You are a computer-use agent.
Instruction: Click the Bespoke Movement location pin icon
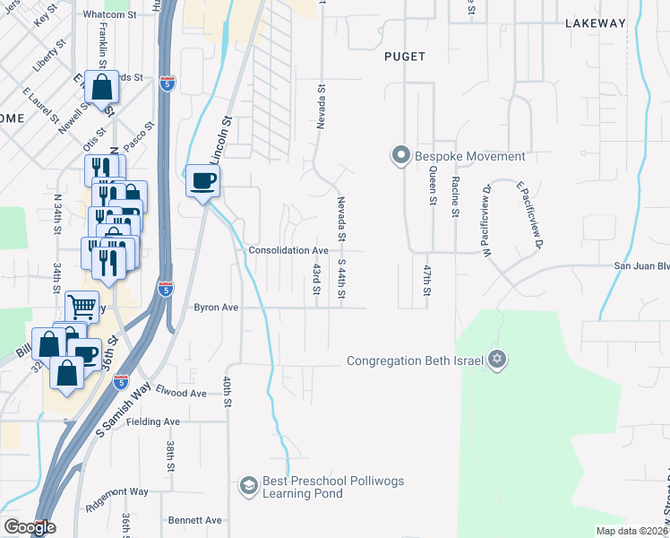tap(400, 156)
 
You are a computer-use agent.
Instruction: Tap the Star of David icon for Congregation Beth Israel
tap(497, 360)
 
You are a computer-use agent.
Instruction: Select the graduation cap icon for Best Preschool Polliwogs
tap(247, 487)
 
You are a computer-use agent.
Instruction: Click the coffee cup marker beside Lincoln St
tap(202, 180)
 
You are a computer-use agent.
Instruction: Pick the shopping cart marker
tap(82, 306)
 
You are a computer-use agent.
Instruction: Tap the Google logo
tap(29, 527)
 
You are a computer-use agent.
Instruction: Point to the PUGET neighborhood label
tap(404, 56)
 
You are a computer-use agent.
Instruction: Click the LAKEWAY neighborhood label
tap(594, 23)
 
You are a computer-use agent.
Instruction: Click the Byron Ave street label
tap(217, 307)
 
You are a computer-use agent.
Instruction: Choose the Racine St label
tap(456, 196)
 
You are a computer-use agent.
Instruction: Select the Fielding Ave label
tap(153, 421)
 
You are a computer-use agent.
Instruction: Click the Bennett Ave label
tap(194, 520)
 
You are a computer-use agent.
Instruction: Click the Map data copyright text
tap(630, 531)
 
